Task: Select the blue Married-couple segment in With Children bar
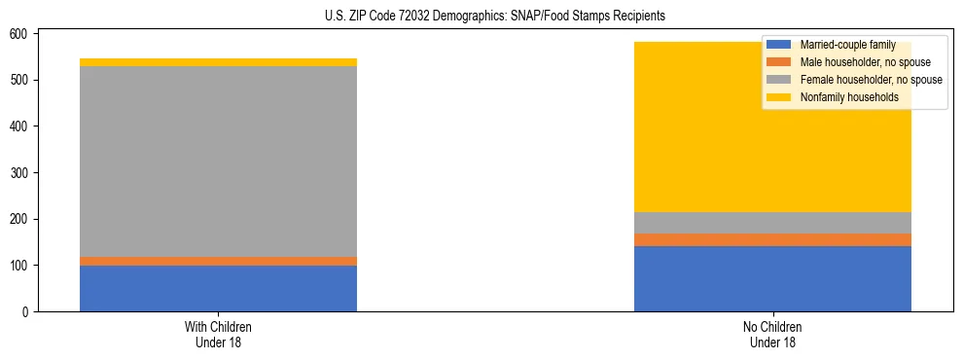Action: tap(218, 288)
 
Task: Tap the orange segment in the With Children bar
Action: tap(218, 261)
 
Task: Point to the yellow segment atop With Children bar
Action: tap(218, 62)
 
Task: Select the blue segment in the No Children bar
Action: tap(772, 278)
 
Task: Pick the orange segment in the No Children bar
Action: tap(772, 239)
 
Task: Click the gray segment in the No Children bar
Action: tap(772, 223)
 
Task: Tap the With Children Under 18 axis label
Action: tap(218, 334)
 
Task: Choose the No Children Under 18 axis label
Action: tap(772, 334)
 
